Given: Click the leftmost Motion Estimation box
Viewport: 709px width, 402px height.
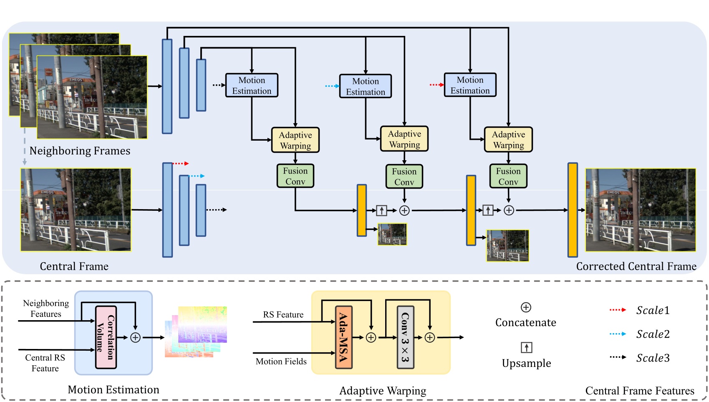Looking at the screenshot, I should tap(252, 86).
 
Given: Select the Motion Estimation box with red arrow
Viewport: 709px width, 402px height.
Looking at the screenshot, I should tap(470, 85).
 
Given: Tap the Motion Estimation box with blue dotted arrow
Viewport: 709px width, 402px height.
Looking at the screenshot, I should tap(365, 86).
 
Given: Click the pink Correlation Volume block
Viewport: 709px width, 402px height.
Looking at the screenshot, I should tap(106, 337).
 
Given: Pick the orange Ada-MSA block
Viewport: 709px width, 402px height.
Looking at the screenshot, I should tap(343, 337).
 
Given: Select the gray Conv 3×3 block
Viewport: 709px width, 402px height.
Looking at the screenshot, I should tap(405, 337).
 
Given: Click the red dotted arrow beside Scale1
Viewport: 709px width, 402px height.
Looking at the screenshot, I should tap(618, 310).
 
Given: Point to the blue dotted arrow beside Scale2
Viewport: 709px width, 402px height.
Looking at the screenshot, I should tap(618, 334).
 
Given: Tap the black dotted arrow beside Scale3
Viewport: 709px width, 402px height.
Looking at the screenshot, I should tap(618, 357).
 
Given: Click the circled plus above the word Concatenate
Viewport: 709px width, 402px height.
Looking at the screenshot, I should tap(526, 308).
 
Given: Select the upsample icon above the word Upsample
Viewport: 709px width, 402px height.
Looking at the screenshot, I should tap(526, 347).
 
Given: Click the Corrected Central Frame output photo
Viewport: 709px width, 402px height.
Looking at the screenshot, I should tap(640, 210).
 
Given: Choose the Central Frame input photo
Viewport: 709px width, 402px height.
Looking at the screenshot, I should tap(76, 210).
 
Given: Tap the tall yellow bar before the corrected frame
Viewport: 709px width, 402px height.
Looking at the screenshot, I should tap(573, 210).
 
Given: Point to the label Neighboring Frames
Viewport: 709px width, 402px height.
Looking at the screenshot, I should tap(80, 151).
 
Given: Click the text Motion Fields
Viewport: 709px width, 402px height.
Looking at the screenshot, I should tap(281, 362).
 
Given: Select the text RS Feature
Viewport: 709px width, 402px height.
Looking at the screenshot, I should tap(283, 315).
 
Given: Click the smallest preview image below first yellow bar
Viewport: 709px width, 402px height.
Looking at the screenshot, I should tap(392, 234).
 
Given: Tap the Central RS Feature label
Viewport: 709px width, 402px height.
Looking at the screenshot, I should tap(45, 363).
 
